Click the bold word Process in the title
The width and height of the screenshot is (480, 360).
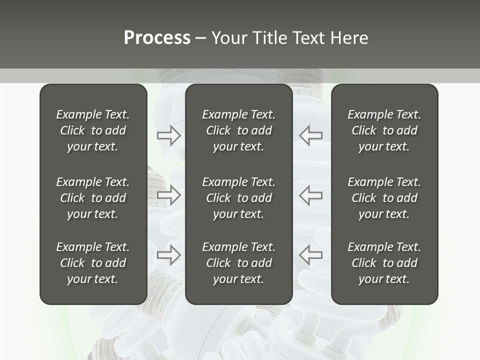157,38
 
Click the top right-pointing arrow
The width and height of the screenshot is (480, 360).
168,135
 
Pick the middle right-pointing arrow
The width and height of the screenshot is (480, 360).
168,195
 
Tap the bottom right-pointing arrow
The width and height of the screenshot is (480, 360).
168,255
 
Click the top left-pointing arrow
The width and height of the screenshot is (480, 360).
310,135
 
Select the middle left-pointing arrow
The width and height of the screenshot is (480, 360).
310,195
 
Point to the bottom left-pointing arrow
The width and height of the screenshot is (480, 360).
310,255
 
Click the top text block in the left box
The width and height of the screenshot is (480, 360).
93,130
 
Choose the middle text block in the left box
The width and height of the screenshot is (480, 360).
93,198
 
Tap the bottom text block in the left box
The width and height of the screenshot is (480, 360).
93,263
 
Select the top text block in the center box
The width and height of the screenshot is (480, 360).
238,130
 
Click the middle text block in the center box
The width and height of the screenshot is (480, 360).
238,198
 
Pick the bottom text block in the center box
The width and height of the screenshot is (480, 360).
238,263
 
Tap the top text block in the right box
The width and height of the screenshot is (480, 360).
384,130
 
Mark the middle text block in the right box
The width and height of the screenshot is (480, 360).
384,198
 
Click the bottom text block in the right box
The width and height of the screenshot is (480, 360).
384,263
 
